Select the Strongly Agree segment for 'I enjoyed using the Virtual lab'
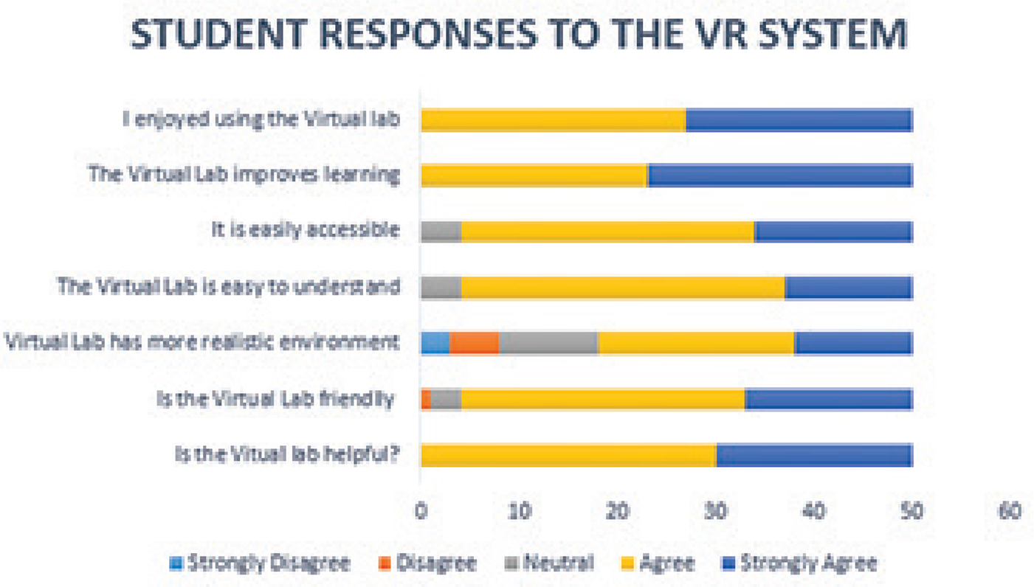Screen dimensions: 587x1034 coord(799,120)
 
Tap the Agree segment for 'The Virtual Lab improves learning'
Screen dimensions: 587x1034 coord(534,176)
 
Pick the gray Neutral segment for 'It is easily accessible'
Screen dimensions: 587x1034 coord(441,232)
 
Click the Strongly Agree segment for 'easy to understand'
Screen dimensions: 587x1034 coord(849,288)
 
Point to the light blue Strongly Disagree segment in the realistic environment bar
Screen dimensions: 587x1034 coord(435,343)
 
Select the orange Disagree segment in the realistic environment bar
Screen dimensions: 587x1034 coord(474,343)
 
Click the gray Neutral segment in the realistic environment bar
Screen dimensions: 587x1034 coord(548,343)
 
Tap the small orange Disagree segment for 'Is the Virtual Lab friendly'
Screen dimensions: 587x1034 coord(426,399)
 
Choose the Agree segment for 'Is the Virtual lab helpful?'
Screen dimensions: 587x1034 coord(568,455)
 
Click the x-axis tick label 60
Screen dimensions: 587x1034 coord(1010,511)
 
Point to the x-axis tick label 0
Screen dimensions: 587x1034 coord(421,511)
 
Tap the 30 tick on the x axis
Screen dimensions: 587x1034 coord(716,511)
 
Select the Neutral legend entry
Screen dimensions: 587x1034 coord(558,564)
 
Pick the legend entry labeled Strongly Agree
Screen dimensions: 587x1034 coord(807,564)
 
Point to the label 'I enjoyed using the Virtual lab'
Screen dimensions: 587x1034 coord(262,119)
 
